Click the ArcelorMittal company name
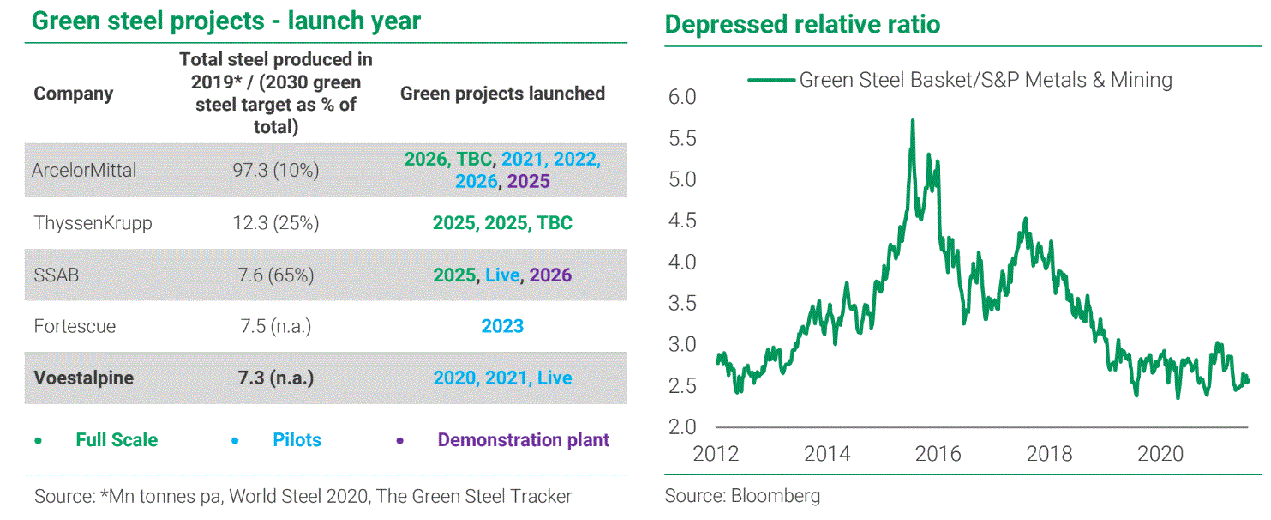click(84, 170)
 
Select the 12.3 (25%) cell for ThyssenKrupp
click(276, 223)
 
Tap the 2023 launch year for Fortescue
click(502, 326)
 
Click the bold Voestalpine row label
click(83, 378)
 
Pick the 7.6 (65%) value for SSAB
click(276, 275)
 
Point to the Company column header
click(73, 94)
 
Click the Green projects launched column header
click(503, 94)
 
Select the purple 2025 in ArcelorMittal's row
click(528, 181)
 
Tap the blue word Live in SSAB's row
click(502, 275)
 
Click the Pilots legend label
click(297, 440)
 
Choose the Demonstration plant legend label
click(523, 440)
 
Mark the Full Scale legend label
click(117, 440)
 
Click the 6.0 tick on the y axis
click(682, 97)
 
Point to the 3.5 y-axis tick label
click(682, 304)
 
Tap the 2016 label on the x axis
click(938, 454)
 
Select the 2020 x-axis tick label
click(1160, 454)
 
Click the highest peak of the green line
click(913, 120)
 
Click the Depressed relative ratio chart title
click(802, 24)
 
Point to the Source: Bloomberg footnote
click(742, 496)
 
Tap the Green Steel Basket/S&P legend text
click(986, 80)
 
